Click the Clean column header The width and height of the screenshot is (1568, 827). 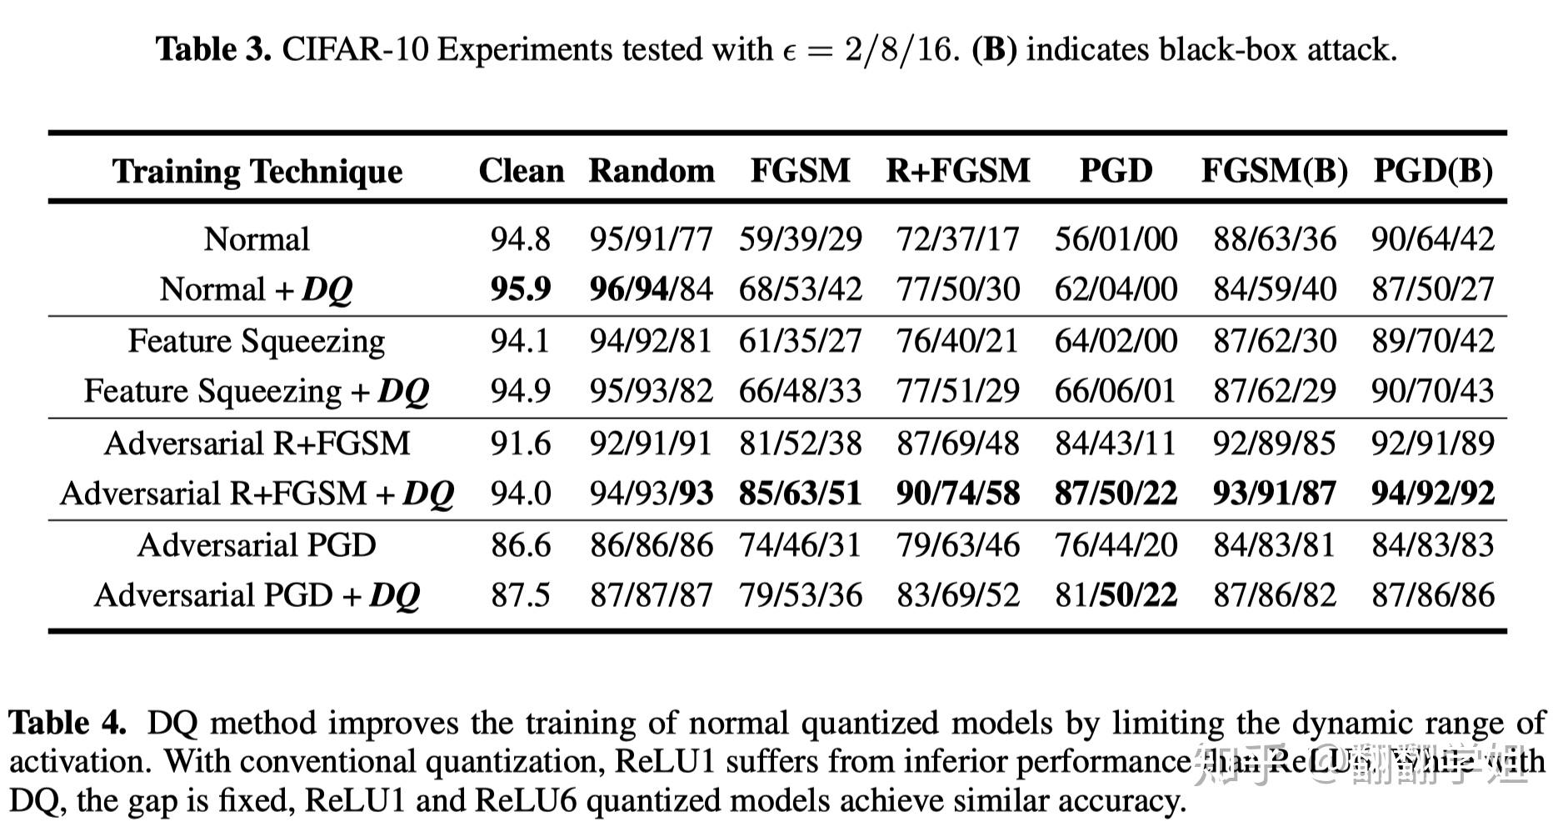pyautogui.click(x=521, y=171)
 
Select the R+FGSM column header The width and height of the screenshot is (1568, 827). pyautogui.click(x=957, y=171)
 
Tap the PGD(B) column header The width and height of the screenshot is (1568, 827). pyautogui.click(x=1432, y=171)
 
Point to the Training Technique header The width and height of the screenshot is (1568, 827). pyautogui.click(x=257, y=172)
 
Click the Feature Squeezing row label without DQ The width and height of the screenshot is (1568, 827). pyautogui.click(x=257, y=341)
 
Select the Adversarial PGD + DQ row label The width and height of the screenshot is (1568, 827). pyautogui.click(x=257, y=595)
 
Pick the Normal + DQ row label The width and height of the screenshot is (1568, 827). pyautogui.click(x=257, y=289)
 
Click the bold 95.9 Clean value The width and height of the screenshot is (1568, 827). pyautogui.click(x=521, y=289)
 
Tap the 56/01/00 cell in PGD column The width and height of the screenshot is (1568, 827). pyautogui.click(x=1116, y=239)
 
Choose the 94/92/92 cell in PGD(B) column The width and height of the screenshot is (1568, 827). pyautogui.click(x=1432, y=494)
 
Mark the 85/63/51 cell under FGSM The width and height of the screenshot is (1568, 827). pyautogui.click(x=800, y=494)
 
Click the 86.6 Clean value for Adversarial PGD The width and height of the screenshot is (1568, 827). pyautogui.click(x=521, y=545)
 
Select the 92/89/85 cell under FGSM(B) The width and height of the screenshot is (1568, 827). pyautogui.click(x=1274, y=443)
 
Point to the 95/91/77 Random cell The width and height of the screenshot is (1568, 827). pyautogui.click(x=651, y=239)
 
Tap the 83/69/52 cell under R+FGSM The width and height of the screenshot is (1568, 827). pyautogui.click(x=957, y=595)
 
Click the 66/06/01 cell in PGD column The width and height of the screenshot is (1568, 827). pyautogui.click(x=1116, y=391)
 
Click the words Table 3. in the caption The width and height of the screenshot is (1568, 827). pyautogui.click(x=214, y=50)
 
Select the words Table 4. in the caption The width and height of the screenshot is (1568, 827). pyautogui.click(x=67, y=723)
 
